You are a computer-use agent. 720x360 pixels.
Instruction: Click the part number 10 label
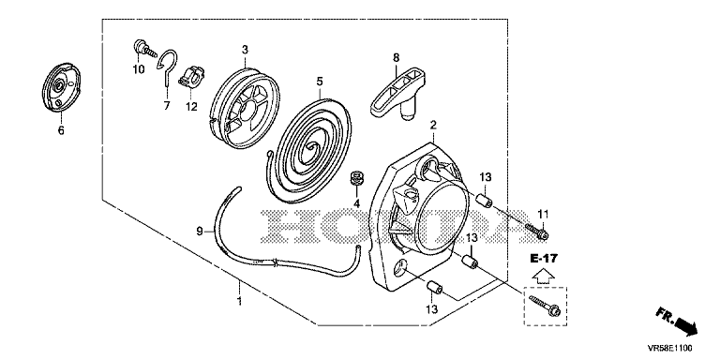pyautogui.click(x=138, y=69)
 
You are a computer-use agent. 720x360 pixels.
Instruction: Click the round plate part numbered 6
pyautogui.click(x=61, y=86)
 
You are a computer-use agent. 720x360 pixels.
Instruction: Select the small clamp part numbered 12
pyautogui.click(x=191, y=77)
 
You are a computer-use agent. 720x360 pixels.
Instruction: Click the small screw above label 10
pyautogui.click(x=143, y=48)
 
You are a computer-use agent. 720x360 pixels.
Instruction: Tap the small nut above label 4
pyautogui.click(x=355, y=177)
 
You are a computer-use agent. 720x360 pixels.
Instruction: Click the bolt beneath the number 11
pyautogui.click(x=536, y=231)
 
